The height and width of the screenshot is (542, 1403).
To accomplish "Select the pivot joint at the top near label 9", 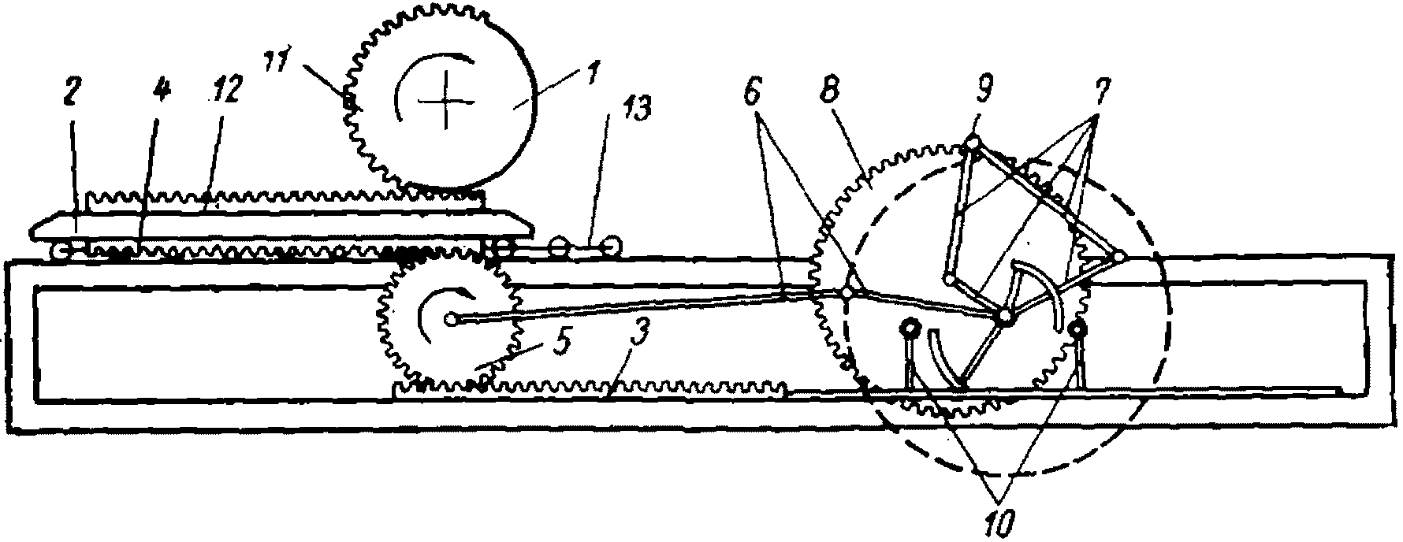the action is coord(973,143).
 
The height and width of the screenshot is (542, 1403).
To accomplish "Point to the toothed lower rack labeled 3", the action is coord(591,388).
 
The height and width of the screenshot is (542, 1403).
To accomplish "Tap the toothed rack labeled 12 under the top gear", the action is coord(284,198).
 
